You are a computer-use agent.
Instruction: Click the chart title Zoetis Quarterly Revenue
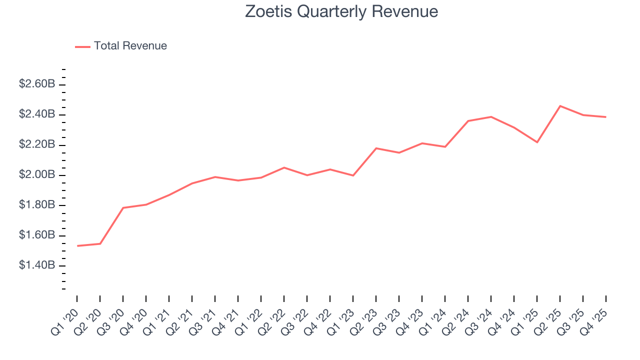coord(341,11)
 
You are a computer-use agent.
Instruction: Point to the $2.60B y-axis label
coord(37,84)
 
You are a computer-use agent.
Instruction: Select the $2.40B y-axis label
coord(37,114)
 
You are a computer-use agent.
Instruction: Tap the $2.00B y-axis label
coord(37,175)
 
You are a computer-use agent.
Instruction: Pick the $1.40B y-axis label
coord(37,265)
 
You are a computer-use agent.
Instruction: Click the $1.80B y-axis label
coord(37,205)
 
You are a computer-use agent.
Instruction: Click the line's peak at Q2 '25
coord(560,106)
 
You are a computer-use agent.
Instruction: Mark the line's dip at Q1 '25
coord(537,142)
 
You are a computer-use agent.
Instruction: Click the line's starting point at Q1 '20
coord(77,246)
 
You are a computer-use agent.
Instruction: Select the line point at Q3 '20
coord(123,208)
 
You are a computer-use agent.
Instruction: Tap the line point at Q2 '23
coord(376,148)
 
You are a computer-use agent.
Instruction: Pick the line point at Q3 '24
coord(491,117)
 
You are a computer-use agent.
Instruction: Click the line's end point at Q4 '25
coord(606,117)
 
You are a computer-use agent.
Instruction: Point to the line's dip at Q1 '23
coord(353,175)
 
